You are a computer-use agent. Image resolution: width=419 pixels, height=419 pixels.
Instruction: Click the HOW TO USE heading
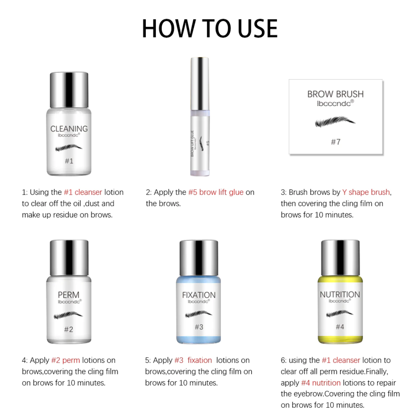[209, 28]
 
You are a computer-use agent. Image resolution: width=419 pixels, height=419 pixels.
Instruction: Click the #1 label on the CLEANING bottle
[69, 161]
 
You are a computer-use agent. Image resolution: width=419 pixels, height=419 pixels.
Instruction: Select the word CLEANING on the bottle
[69, 128]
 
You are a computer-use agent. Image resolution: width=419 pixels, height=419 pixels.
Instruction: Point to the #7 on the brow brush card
[336, 142]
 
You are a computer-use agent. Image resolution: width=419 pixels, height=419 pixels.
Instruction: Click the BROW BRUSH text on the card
[336, 94]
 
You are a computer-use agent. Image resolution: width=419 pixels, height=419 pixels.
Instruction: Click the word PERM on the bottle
[69, 295]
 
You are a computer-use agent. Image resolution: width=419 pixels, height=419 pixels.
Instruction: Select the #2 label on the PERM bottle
[69, 329]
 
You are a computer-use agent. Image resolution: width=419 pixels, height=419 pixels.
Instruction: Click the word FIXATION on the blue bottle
[199, 295]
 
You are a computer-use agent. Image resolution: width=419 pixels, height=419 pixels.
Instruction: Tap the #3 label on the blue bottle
[199, 327]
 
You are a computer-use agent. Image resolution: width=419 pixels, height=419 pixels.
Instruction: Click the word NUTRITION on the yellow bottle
[340, 294]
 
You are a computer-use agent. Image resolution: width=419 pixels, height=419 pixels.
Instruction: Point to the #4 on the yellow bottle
[340, 327]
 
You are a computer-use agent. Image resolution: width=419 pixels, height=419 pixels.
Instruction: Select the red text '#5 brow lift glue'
[216, 192]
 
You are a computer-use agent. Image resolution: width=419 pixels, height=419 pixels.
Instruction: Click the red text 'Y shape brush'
[366, 192]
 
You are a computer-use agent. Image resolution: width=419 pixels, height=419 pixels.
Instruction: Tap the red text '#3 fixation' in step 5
[193, 360]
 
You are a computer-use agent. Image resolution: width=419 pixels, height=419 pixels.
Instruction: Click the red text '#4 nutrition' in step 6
[321, 383]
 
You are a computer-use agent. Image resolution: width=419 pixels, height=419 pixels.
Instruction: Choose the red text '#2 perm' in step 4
[66, 360]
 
